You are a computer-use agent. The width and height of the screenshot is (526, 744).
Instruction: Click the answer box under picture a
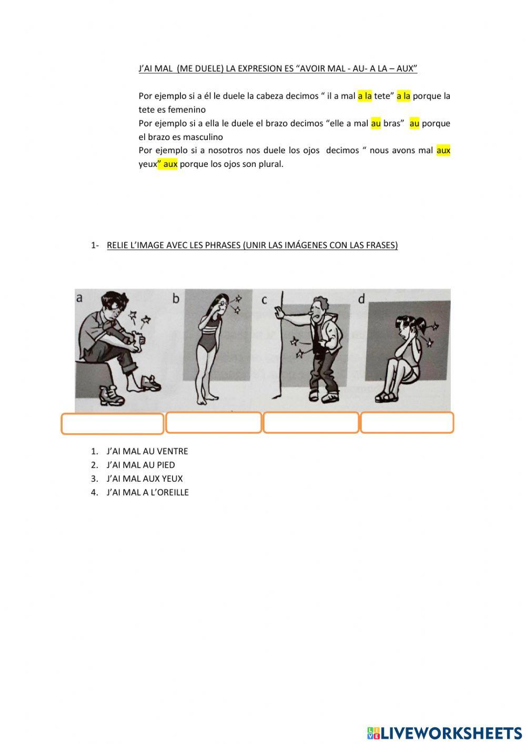click(x=113, y=423)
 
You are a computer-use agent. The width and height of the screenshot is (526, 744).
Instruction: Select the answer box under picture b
click(x=214, y=422)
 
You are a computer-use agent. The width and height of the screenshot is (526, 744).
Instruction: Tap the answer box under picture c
click(x=311, y=422)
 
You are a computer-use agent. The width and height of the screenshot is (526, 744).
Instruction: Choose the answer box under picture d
click(x=407, y=422)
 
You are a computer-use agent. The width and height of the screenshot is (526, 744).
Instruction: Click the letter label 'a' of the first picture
click(x=79, y=298)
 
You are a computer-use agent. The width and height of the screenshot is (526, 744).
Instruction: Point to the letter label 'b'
click(x=176, y=298)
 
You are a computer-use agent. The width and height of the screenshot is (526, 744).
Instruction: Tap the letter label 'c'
click(x=264, y=300)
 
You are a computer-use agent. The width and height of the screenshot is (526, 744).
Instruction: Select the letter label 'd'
click(x=362, y=299)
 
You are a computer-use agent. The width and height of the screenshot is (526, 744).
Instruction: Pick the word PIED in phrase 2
click(x=166, y=465)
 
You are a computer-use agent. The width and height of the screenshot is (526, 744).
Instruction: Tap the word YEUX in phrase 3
click(x=172, y=479)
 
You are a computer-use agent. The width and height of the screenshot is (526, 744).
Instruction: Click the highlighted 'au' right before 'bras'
click(x=376, y=124)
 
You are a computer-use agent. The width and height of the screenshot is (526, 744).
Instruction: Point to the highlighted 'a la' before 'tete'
click(x=365, y=96)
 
